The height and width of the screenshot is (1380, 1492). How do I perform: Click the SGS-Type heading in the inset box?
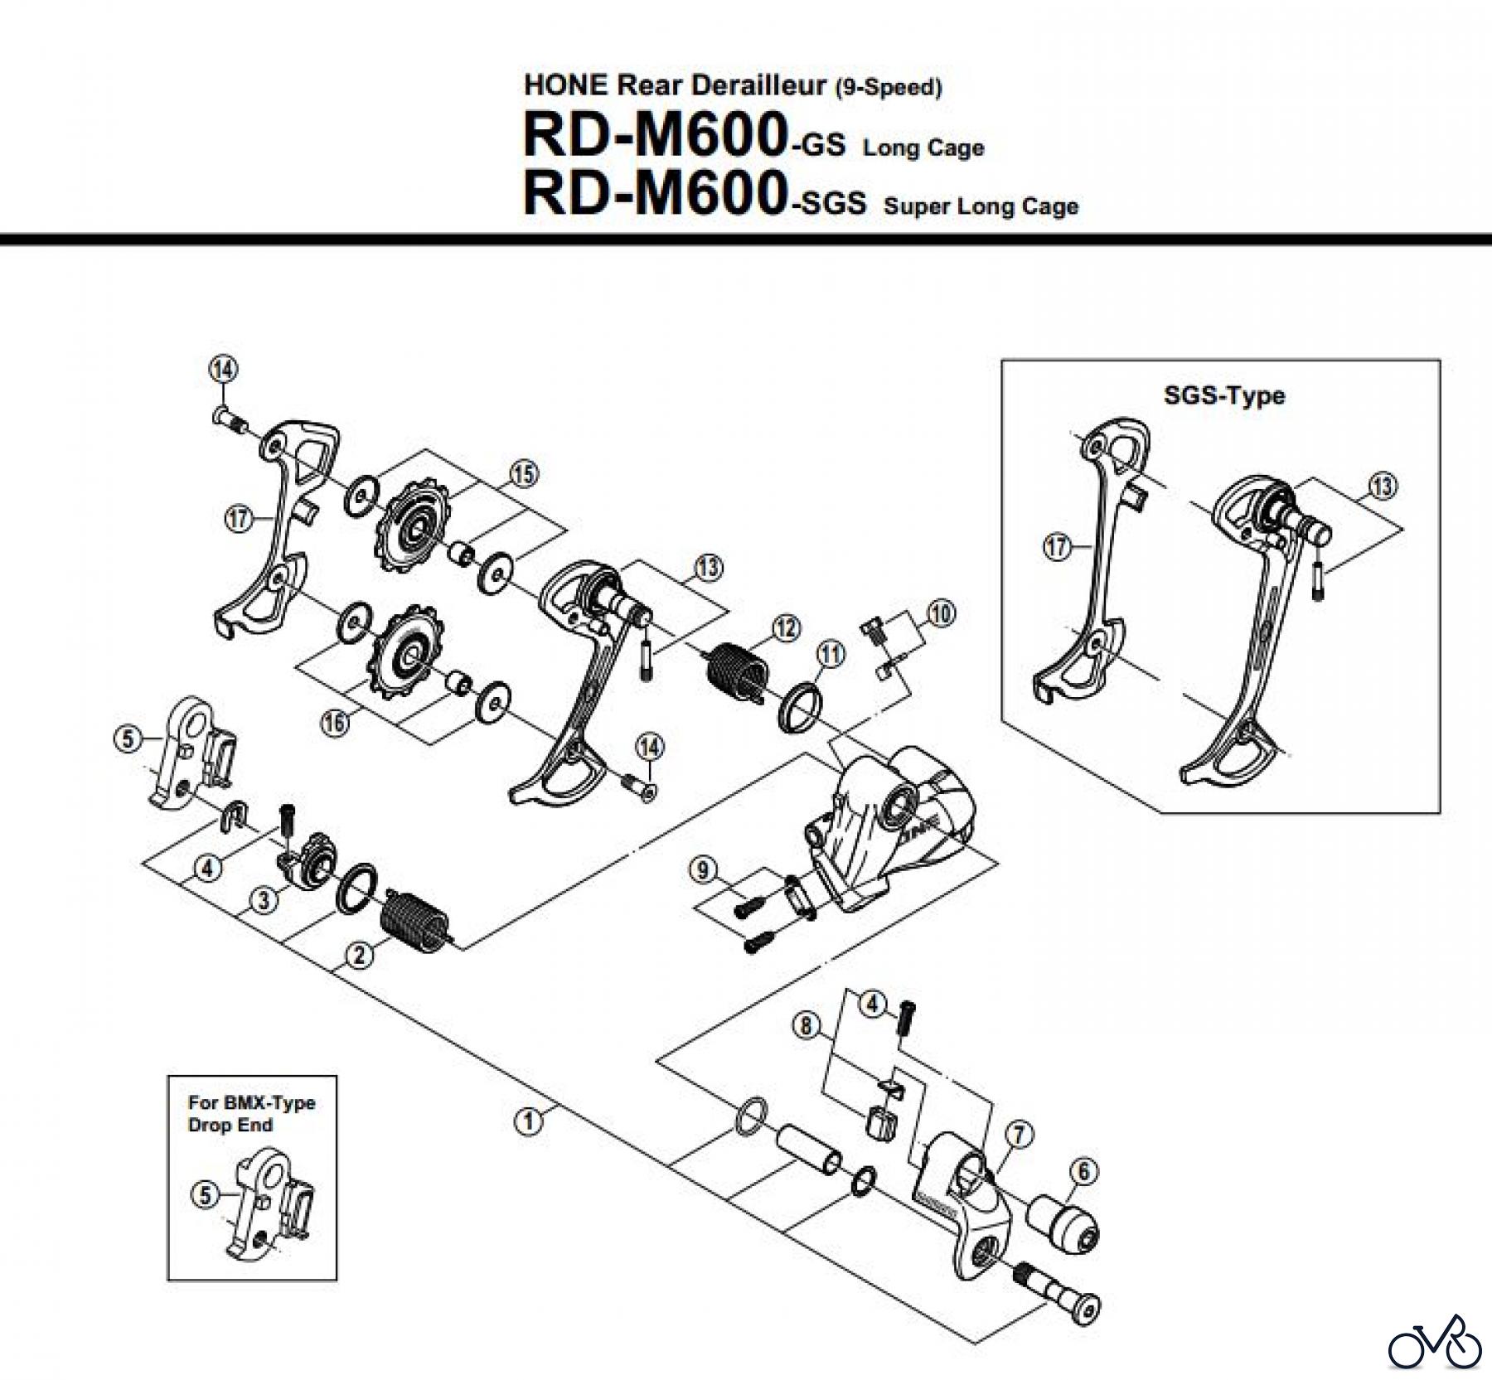(1223, 395)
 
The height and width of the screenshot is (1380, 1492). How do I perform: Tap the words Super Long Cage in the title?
(981, 206)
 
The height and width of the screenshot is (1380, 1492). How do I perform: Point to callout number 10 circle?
(941, 614)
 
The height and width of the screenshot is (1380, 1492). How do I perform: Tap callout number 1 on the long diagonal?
(528, 1121)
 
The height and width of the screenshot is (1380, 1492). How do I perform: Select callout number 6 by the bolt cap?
(1084, 1171)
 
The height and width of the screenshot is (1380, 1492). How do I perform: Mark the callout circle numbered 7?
(1019, 1134)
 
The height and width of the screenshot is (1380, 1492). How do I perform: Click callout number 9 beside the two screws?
(703, 870)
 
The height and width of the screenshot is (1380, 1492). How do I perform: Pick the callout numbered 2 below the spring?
(359, 956)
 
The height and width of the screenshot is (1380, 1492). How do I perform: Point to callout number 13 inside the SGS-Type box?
(1383, 486)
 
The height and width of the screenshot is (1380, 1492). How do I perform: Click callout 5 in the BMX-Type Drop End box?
(206, 1194)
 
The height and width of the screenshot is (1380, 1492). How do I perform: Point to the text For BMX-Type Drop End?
(251, 1114)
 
